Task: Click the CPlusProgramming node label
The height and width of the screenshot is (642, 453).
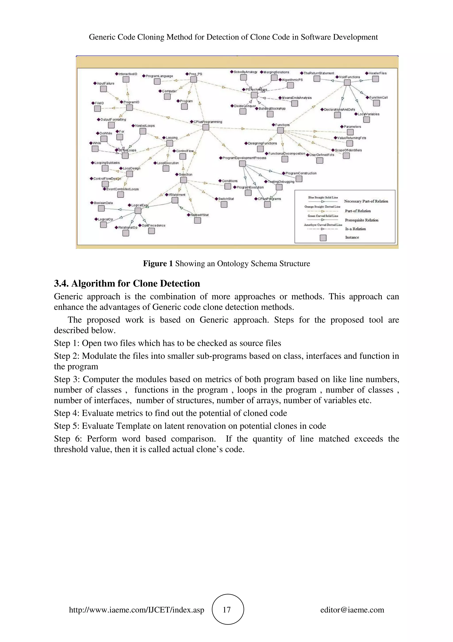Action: click(x=208, y=122)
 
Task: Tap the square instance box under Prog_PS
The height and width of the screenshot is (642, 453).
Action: click(x=193, y=80)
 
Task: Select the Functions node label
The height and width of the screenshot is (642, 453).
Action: click(x=282, y=125)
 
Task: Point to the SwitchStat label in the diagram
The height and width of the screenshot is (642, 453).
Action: click(x=226, y=199)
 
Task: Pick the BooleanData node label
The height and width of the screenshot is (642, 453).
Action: click(x=103, y=203)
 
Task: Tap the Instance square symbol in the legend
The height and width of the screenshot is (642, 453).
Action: click(x=323, y=238)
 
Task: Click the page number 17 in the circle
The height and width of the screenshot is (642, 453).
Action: click(x=227, y=610)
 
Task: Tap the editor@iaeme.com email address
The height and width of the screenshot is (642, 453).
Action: click(x=352, y=610)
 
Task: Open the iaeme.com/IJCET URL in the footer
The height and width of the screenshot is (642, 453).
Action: click(x=136, y=610)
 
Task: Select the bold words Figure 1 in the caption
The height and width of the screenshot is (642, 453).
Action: click(x=158, y=263)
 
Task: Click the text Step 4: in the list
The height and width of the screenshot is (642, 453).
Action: click(x=67, y=413)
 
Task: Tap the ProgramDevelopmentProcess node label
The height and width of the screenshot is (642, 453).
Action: click(x=244, y=158)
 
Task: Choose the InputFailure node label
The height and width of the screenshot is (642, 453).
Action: click(x=105, y=83)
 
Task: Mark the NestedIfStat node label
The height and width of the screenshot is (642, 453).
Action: click(x=199, y=215)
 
